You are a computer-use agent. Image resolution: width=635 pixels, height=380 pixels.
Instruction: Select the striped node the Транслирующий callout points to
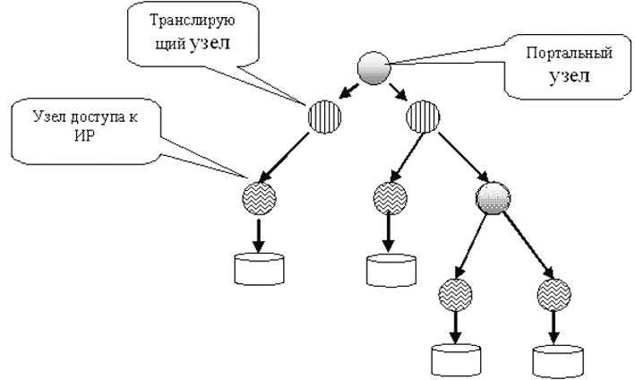click(x=323, y=117)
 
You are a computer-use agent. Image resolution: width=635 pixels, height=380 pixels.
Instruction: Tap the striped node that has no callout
click(x=422, y=117)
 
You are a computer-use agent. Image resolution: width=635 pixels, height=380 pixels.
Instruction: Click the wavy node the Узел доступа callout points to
click(x=259, y=197)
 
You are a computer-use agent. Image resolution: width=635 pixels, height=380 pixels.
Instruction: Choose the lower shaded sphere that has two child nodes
click(x=493, y=197)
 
